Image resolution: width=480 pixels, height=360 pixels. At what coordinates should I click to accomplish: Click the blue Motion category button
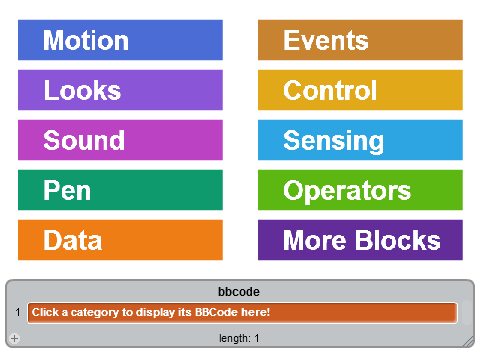point(120,40)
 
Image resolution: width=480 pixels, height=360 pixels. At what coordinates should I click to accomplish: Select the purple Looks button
point(120,90)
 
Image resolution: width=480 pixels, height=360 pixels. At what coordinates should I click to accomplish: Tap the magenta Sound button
point(120,140)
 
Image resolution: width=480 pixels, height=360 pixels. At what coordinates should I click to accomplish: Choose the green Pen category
point(120,190)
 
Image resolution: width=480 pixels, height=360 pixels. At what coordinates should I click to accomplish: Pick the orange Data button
point(120,240)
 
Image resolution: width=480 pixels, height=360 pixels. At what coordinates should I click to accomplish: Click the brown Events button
point(360,40)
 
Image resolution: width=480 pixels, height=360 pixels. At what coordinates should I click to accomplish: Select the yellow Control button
point(360,90)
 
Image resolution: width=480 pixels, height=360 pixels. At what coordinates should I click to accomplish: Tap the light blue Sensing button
point(360,140)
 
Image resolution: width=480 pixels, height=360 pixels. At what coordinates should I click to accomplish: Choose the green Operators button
point(360,190)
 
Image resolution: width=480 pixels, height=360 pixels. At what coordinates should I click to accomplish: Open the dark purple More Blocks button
point(360,240)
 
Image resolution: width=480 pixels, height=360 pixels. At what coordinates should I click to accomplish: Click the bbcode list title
point(239,292)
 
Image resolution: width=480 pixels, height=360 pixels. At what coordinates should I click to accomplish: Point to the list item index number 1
point(18,312)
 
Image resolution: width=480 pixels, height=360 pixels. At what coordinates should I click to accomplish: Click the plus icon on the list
point(14,338)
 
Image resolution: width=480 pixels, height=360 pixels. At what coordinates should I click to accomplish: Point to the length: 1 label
point(239,338)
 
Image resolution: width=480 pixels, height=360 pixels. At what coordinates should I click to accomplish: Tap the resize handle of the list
point(469,341)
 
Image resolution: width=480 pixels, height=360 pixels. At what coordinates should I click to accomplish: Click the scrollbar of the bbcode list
point(467,313)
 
